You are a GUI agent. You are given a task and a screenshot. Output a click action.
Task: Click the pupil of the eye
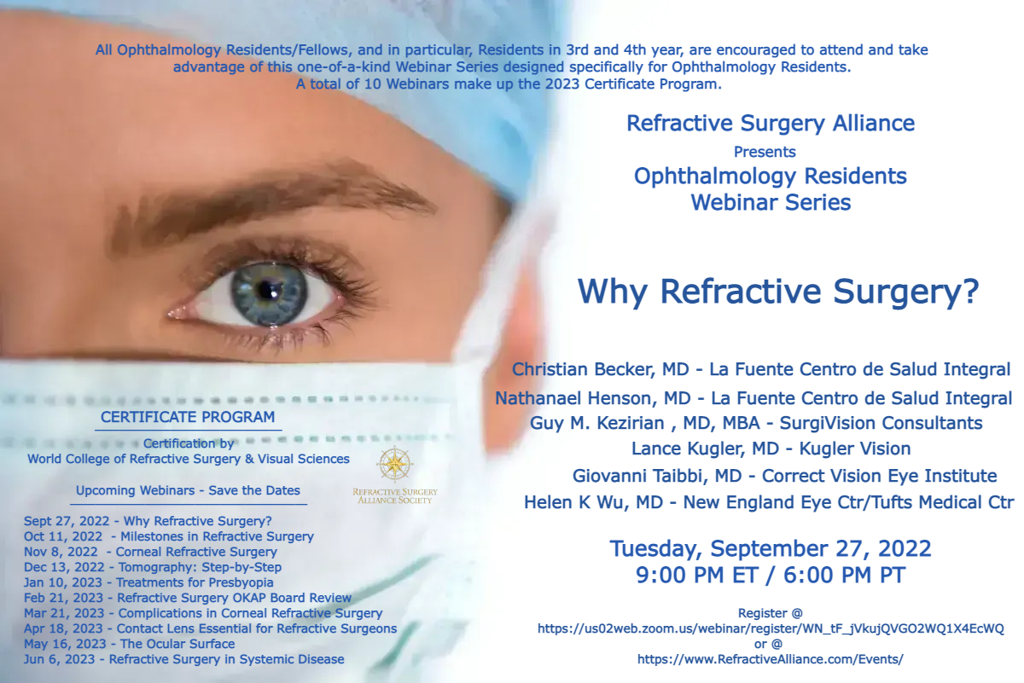pyautogui.click(x=266, y=289)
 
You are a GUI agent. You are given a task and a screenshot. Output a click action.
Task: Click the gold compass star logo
pyautogui.click(x=394, y=464)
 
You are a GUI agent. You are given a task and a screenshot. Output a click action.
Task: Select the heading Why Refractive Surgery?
pyautogui.click(x=778, y=292)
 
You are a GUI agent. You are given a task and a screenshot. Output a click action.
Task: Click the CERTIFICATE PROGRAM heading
pyautogui.click(x=188, y=417)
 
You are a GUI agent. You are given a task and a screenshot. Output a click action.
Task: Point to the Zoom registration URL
pyautogui.click(x=771, y=629)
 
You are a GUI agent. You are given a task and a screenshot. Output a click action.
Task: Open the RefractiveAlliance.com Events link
pyautogui.click(x=771, y=659)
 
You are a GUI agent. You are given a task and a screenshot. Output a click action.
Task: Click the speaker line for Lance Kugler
pyautogui.click(x=771, y=449)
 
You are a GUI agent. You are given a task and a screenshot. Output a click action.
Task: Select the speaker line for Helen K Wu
pyautogui.click(x=769, y=502)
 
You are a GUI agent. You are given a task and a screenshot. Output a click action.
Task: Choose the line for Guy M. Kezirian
pyautogui.click(x=756, y=423)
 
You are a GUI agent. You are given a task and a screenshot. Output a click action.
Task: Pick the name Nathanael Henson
pyautogui.click(x=576, y=398)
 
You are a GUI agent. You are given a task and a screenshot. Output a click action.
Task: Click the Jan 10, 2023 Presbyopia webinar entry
pyautogui.click(x=148, y=582)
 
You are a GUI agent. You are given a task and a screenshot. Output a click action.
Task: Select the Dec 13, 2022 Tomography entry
pyautogui.click(x=153, y=567)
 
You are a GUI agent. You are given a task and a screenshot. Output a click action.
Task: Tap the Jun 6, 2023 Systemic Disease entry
pyautogui.click(x=183, y=659)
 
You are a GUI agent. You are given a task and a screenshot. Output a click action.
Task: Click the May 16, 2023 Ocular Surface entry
pyautogui.click(x=130, y=644)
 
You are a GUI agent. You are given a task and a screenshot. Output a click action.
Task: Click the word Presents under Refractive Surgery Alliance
pyautogui.click(x=765, y=152)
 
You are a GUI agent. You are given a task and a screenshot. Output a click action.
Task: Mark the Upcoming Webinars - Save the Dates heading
pyautogui.click(x=188, y=490)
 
